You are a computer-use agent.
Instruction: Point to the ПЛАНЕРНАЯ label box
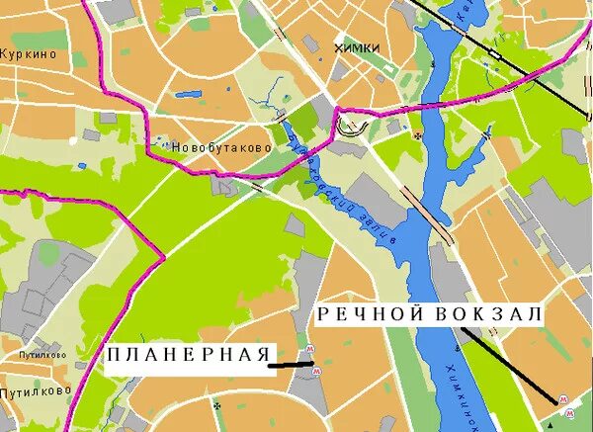(x=188, y=355)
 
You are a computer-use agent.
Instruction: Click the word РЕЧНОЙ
(x=372, y=314)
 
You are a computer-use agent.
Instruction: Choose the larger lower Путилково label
(x=36, y=389)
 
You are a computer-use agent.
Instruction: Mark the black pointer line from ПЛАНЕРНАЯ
(x=292, y=365)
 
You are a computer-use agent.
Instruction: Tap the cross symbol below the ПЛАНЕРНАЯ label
(x=215, y=404)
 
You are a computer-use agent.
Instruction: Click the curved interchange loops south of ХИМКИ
(x=352, y=125)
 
